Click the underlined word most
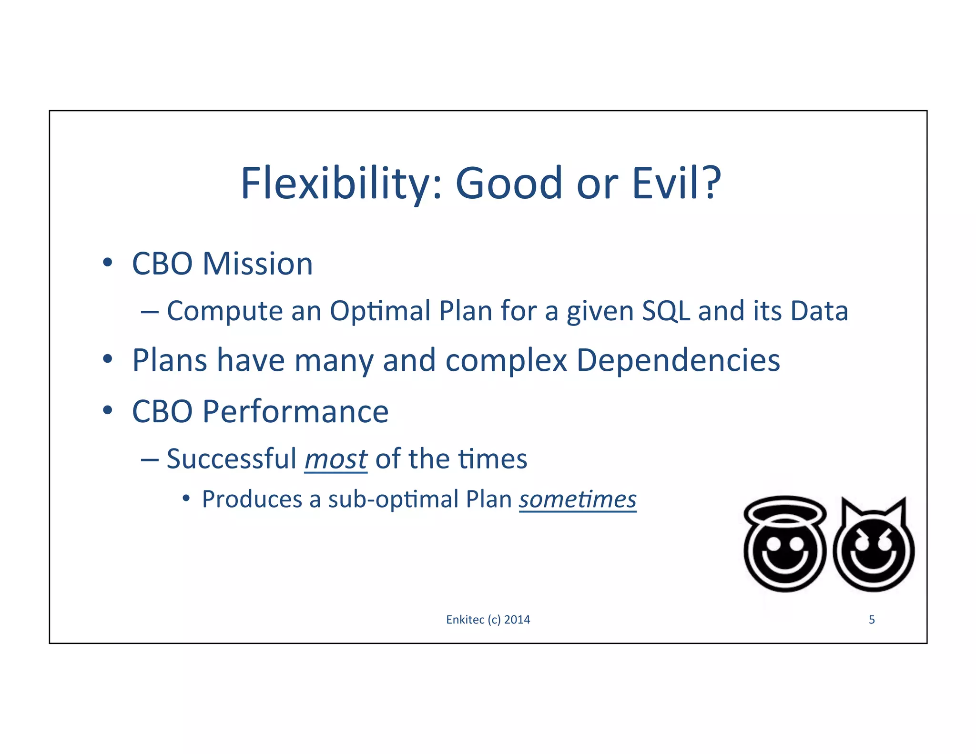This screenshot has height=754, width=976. point(336,459)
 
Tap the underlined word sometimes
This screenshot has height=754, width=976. point(578,499)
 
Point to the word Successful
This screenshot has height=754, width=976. point(232,459)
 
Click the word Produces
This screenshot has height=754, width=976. point(252,499)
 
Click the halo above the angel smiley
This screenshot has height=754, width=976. point(785,510)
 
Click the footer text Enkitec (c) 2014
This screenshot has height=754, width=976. point(488,620)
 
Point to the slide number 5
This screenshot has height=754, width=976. point(872,620)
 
